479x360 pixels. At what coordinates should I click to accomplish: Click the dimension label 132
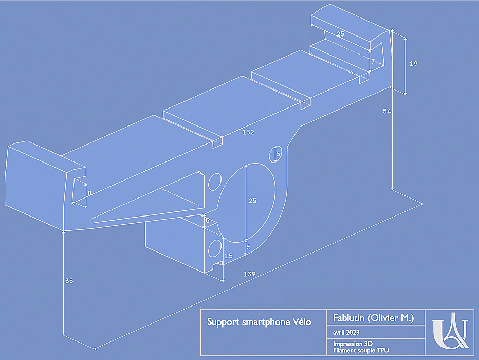pos(248,132)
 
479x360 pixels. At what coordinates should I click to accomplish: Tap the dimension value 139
pos(249,274)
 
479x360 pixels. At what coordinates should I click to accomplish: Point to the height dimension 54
pos(387,111)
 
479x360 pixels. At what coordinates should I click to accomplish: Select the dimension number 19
pos(414,64)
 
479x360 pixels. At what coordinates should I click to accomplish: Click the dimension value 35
pos(69,281)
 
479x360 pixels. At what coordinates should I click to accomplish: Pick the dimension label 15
pos(229,256)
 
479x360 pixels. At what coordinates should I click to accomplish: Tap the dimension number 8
pos(89,193)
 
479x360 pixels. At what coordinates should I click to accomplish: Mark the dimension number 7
pos(373,61)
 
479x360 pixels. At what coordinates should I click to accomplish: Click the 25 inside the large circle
pos(252,201)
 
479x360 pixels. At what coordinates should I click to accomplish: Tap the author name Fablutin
pos(350,318)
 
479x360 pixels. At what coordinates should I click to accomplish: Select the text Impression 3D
pos(352,344)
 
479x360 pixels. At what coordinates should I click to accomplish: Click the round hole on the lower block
pos(214,248)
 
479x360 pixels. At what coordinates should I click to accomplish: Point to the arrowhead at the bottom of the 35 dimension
pos(64,334)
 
